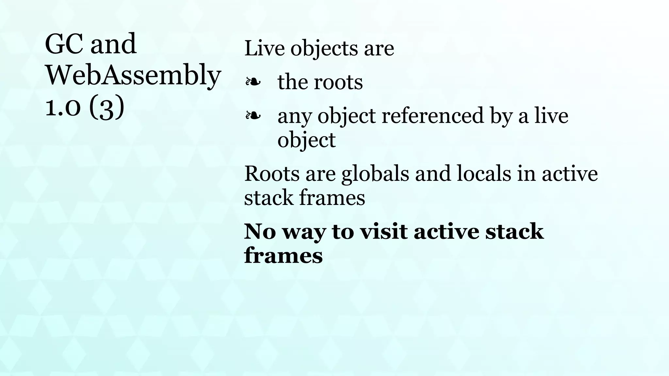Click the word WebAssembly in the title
(x=133, y=75)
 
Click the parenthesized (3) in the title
(x=106, y=107)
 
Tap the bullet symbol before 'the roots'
(x=253, y=82)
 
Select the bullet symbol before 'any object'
(x=253, y=115)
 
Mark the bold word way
(x=304, y=233)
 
